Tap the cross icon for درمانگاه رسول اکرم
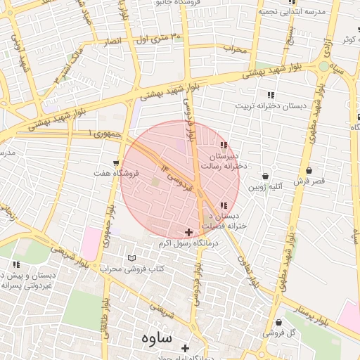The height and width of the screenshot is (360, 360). tap(188, 232)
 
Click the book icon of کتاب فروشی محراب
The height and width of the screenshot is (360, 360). tap(132, 258)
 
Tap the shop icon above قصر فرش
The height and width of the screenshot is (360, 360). tap(309, 170)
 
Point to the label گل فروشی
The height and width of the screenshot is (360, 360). tap(278, 332)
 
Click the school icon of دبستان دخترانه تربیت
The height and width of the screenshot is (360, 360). tap(271, 95)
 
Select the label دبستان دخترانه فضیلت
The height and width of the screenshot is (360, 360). tap(222, 221)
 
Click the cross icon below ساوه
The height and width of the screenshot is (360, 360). tap(186, 348)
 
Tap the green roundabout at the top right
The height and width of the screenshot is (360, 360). tap(323, 66)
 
